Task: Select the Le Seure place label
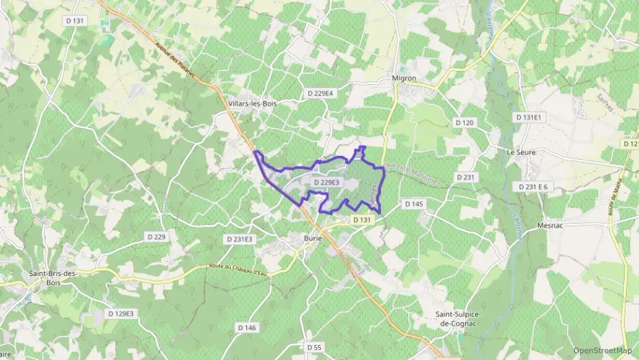(521, 152)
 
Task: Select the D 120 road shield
(464, 122)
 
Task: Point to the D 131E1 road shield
(527, 117)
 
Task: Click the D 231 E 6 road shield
(533, 186)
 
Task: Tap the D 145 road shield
(414, 204)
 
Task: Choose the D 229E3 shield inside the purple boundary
(326, 182)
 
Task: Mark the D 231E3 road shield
(239, 239)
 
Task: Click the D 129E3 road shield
(122, 314)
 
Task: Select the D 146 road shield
(247, 328)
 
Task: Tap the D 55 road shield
(314, 348)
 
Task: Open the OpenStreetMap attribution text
(603, 350)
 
